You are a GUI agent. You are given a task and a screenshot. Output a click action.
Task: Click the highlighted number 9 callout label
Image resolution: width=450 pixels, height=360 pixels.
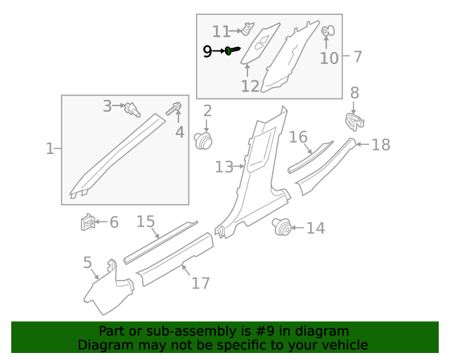(207, 51)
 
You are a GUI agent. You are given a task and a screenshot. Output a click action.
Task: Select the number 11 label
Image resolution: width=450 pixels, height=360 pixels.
(221, 31)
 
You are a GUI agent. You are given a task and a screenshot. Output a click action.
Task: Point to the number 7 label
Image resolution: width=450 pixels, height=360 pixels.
(357, 56)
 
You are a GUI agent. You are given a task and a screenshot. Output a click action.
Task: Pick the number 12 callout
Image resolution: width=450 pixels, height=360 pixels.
(250, 86)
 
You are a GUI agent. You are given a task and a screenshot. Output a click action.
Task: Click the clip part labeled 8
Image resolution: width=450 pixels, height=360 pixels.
(354, 122)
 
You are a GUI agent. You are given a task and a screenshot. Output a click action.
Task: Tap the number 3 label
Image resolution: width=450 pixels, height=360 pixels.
(108, 106)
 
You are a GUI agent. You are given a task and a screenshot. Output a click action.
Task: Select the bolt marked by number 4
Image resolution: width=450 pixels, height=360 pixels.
(174, 109)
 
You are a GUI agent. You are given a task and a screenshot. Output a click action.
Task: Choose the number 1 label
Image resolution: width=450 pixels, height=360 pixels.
(50, 148)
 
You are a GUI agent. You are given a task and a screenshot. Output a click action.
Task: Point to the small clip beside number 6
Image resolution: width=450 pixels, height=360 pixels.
(89, 224)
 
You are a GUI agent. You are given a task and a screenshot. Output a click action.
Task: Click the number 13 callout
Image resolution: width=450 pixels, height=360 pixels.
(224, 167)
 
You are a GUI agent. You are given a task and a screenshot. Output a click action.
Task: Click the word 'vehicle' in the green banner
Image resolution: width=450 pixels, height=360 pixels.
(345, 345)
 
